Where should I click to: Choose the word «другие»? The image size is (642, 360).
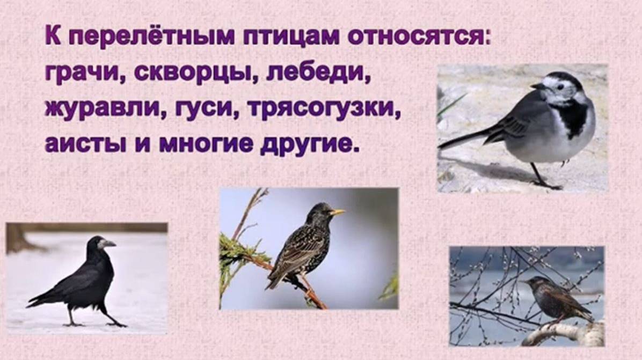click(x=308, y=144)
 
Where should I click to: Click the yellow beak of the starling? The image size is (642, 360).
click(x=338, y=212)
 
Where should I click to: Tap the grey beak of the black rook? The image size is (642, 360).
click(x=107, y=244)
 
